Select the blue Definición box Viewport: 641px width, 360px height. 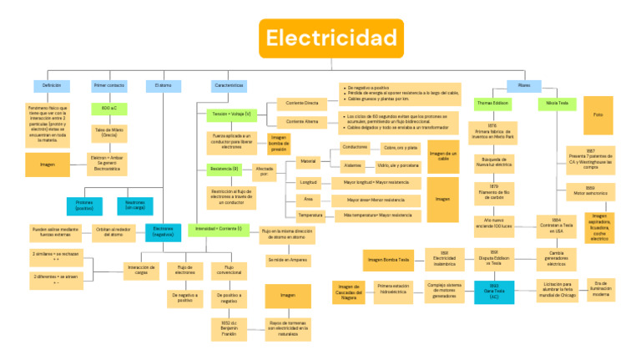click(x=46, y=86)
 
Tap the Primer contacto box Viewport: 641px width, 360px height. click(x=109, y=86)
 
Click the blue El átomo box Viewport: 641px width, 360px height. click(x=164, y=86)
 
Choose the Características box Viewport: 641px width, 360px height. click(x=229, y=86)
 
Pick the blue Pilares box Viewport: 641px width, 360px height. click(x=524, y=85)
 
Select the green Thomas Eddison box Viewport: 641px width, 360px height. click(x=492, y=104)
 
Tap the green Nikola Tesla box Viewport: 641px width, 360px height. click(x=557, y=104)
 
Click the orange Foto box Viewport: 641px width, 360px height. click(x=598, y=114)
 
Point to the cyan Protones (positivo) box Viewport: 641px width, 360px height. click(x=84, y=205)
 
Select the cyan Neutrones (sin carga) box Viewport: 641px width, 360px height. click(x=135, y=205)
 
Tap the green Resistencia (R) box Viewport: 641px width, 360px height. click(x=225, y=169)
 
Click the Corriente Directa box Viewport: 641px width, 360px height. click(x=302, y=103)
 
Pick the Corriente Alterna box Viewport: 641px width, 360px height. click(x=302, y=122)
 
